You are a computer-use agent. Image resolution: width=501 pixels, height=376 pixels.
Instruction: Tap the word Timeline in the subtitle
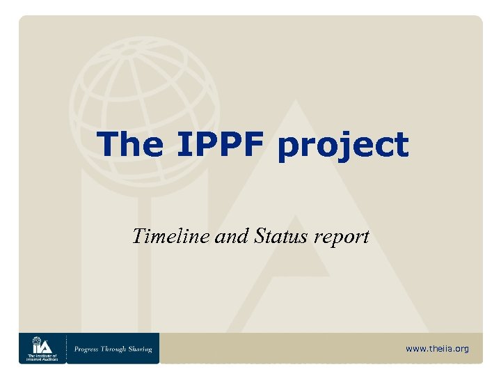pyautogui.click(x=166, y=237)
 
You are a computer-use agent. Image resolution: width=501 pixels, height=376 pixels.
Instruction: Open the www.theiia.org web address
pyautogui.click(x=437, y=348)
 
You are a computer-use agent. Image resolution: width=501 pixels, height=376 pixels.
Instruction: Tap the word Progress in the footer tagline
pyautogui.click(x=90, y=348)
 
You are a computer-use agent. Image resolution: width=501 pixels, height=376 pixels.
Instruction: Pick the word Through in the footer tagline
pyautogui.click(x=115, y=348)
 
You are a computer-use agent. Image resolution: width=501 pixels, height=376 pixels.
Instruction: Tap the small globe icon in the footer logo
pyautogui.click(x=36, y=341)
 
